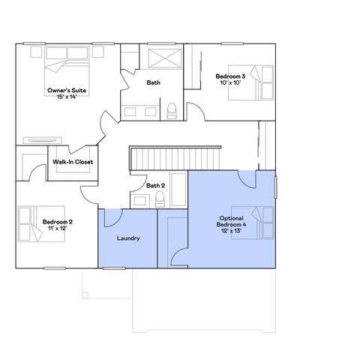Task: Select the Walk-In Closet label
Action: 73,162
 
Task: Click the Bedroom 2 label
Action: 57,222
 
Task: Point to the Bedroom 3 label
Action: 231,76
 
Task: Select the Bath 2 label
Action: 155,185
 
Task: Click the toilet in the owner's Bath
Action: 172,111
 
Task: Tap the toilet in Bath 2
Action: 160,199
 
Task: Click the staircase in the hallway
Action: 174,158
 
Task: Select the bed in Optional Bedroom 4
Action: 253,221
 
